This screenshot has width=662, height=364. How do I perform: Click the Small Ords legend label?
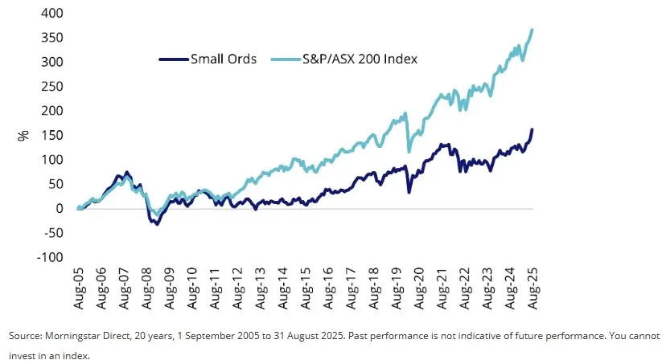coord(224,59)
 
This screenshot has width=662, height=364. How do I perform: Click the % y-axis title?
coord(23,135)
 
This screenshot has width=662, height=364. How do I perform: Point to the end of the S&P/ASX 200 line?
coord(532,30)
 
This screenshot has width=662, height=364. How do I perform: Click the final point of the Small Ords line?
coord(532,130)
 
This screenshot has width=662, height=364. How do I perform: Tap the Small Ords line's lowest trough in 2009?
coord(157,223)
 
